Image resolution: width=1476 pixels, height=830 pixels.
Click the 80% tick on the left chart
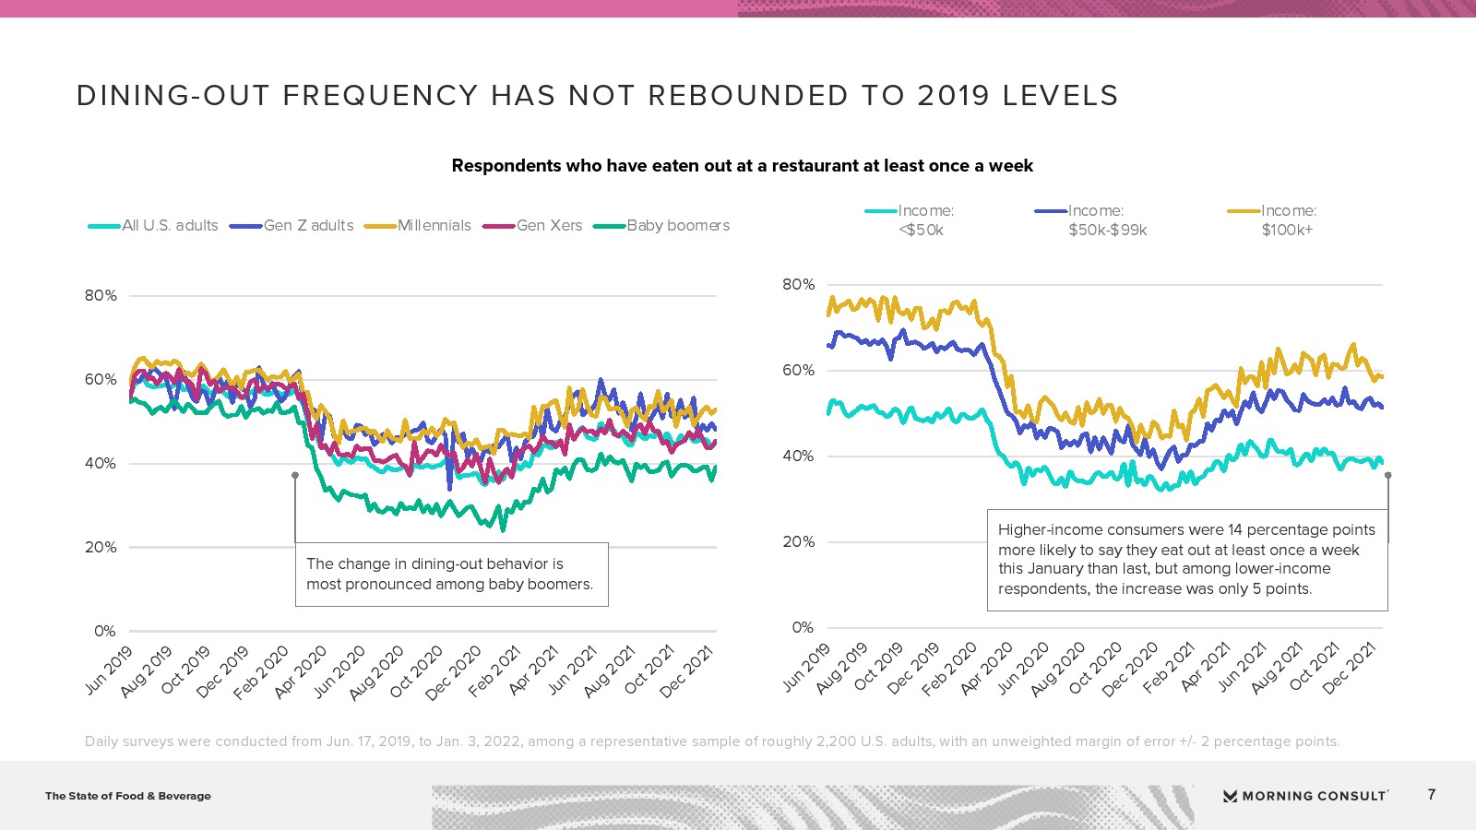101,296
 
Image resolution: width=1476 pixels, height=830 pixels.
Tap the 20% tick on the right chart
798,542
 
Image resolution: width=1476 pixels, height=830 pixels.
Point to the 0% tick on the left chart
104,632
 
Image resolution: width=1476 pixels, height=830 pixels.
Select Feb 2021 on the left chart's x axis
494,672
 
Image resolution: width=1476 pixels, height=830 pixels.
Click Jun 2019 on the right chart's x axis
806,669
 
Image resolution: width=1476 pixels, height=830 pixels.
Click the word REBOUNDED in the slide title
747,96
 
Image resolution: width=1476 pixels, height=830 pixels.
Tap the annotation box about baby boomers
451,575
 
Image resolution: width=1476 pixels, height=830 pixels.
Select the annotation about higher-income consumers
1186,560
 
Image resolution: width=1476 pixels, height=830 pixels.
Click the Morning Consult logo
1305,796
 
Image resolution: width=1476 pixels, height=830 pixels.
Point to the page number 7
1432,795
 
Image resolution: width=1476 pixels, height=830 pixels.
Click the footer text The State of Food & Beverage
128,796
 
